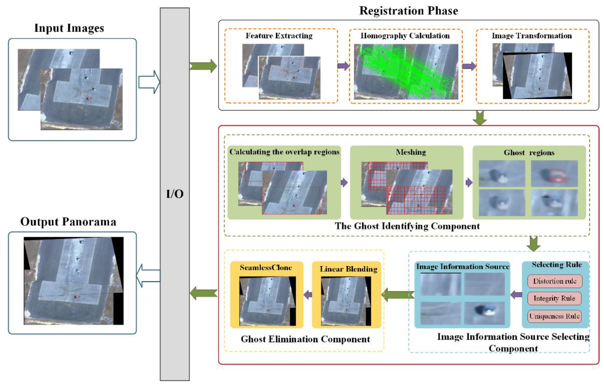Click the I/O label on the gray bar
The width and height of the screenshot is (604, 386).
(x=175, y=194)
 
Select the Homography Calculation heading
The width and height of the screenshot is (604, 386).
(x=405, y=36)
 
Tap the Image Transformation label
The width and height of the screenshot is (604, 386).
(x=532, y=36)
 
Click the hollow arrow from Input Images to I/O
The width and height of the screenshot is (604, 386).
(x=149, y=82)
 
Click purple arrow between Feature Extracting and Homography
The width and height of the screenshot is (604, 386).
(x=343, y=66)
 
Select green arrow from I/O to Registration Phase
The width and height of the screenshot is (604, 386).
(x=203, y=66)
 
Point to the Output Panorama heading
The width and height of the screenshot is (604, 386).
(x=68, y=222)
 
